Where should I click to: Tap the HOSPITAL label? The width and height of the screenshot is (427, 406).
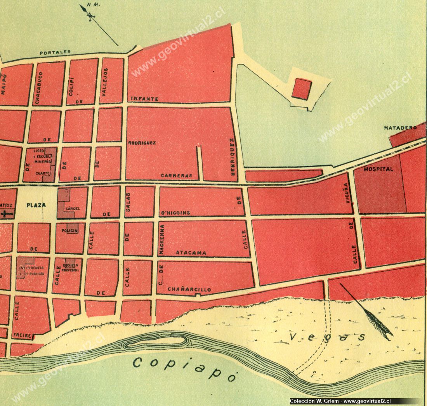pyautogui.click(x=378, y=169)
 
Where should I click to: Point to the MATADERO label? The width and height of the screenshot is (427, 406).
pyautogui.click(x=400, y=127)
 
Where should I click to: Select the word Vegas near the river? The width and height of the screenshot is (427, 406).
pyautogui.click(x=328, y=336)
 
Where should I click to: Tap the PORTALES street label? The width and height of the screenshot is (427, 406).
pyautogui.click(x=55, y=52)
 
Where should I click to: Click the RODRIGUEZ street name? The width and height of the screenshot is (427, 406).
pyautogui.click(x=142, y=143)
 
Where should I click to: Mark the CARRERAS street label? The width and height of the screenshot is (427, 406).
pyautogui.click(x=177, y=176)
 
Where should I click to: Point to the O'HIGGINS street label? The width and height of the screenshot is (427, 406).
pyautogui.click(x=175, y=213)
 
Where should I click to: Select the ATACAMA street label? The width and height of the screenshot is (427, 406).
pyautogui.click(x=191, y=253)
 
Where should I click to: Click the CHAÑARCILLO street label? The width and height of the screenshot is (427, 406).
pyautogui.click(x=189, y=290)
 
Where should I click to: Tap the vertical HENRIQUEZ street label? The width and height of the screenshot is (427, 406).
pyautogui.click(x=233, y=159)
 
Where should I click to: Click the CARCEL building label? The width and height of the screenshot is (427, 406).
pyautogui.click(x=73, y=208)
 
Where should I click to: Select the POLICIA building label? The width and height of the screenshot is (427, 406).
pyautogui.click(x=70, y=231)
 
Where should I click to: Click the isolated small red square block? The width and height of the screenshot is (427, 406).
pyautogui.click(x=302, y=88)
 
